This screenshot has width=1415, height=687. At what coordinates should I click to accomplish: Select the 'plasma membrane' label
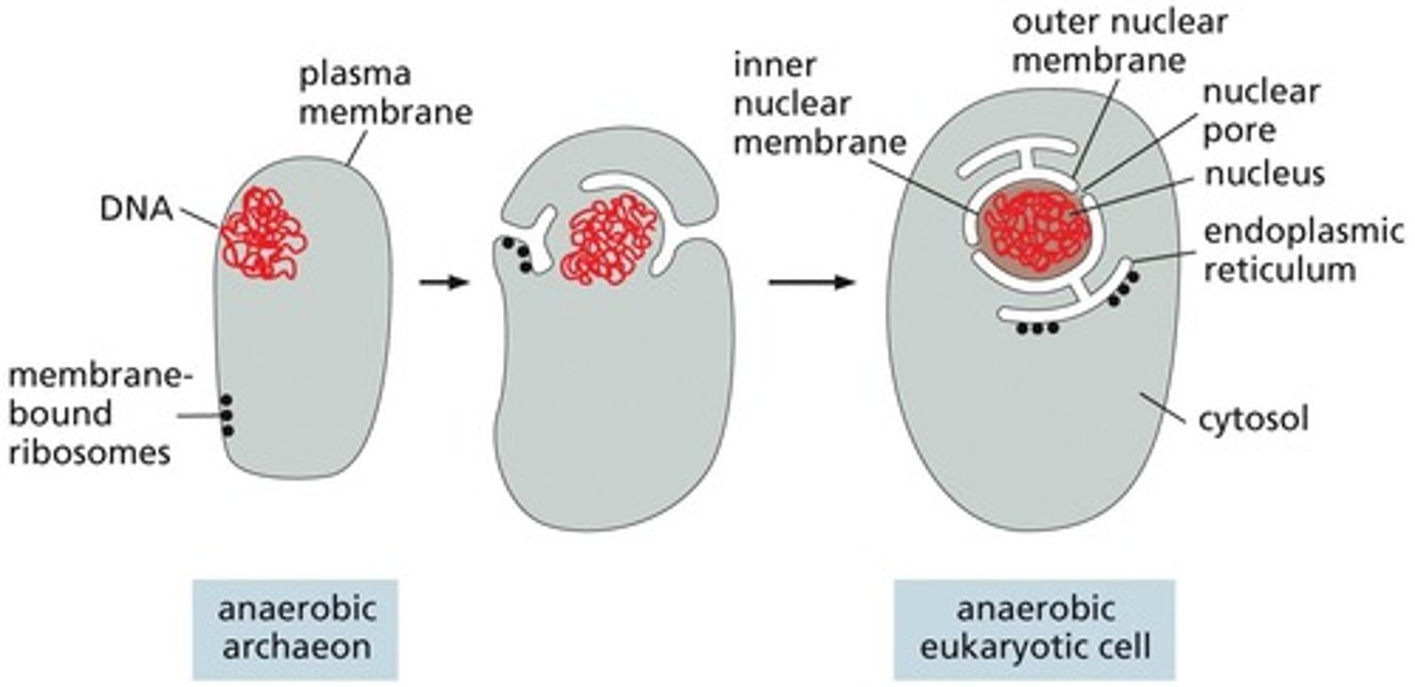pyautogui.click(x=384, y=93)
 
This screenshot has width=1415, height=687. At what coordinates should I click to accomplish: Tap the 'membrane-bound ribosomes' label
pyautogui.click(x=89, y=414)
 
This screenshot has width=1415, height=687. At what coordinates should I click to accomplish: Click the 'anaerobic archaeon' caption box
pyautogui.click(x=294, y=629)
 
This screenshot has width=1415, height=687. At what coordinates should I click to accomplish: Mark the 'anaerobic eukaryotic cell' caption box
pyautogui.click(x=1033, y=629)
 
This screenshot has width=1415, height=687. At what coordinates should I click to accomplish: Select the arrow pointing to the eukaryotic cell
pyautogui.click(x=811, y=283)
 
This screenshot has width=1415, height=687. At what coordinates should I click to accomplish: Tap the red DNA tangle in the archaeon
pyautogui.click(x=262, y=232)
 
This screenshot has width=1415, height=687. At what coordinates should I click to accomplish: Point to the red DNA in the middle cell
pyautogui.click(x=608, y=239)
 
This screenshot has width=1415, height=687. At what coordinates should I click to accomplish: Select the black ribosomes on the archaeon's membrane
pyautogui.click(x=227, y=416)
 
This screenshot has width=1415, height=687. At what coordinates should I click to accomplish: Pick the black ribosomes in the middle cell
pyautogui.click(x=517, y=254)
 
